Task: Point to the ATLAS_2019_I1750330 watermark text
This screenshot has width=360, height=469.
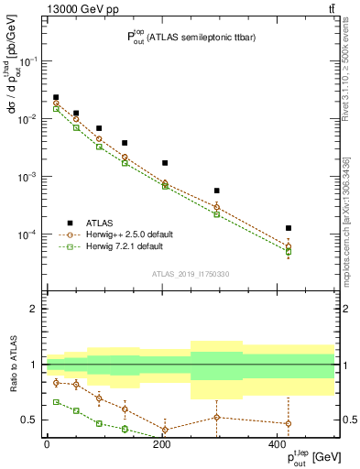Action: point(190,274)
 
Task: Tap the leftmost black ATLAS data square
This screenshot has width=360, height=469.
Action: point(56,97)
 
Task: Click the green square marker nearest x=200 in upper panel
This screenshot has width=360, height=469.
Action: point(165,186)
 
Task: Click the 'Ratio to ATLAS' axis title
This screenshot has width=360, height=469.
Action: point(13,365)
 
